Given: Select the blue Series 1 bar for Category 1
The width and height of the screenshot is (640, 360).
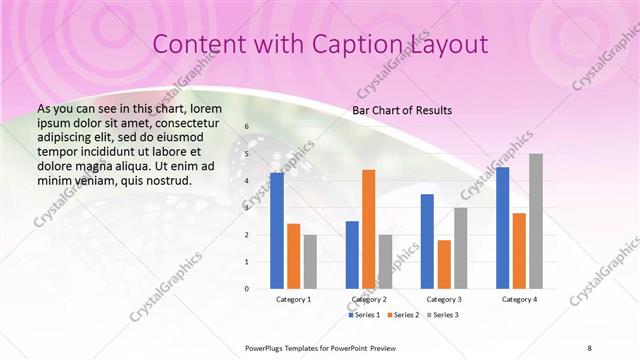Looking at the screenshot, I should [277, 230].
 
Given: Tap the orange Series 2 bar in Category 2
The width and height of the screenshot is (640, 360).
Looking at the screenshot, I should [369, 229].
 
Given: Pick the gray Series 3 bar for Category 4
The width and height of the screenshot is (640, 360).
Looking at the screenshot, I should [536, 221].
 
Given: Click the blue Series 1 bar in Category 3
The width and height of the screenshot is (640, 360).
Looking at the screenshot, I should [427, 241].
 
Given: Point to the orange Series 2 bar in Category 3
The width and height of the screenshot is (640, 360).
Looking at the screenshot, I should [444, 264].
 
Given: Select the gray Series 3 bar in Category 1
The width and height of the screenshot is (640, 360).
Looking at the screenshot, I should [310, 261].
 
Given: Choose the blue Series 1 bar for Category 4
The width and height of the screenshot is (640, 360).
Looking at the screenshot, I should [502, 227].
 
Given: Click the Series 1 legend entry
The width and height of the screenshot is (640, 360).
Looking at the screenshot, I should [366, 315].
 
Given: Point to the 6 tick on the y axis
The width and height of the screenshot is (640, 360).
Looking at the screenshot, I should [247, 128].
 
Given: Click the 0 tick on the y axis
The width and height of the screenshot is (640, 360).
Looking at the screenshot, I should [247, 288].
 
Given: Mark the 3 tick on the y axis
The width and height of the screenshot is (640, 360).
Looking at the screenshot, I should [247, 208].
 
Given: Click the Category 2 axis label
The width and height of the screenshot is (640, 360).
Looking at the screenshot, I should [369, 299].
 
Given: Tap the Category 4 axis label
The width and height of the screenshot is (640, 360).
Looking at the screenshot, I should [519, 299].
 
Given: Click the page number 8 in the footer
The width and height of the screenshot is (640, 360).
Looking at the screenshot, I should [589, 347].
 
